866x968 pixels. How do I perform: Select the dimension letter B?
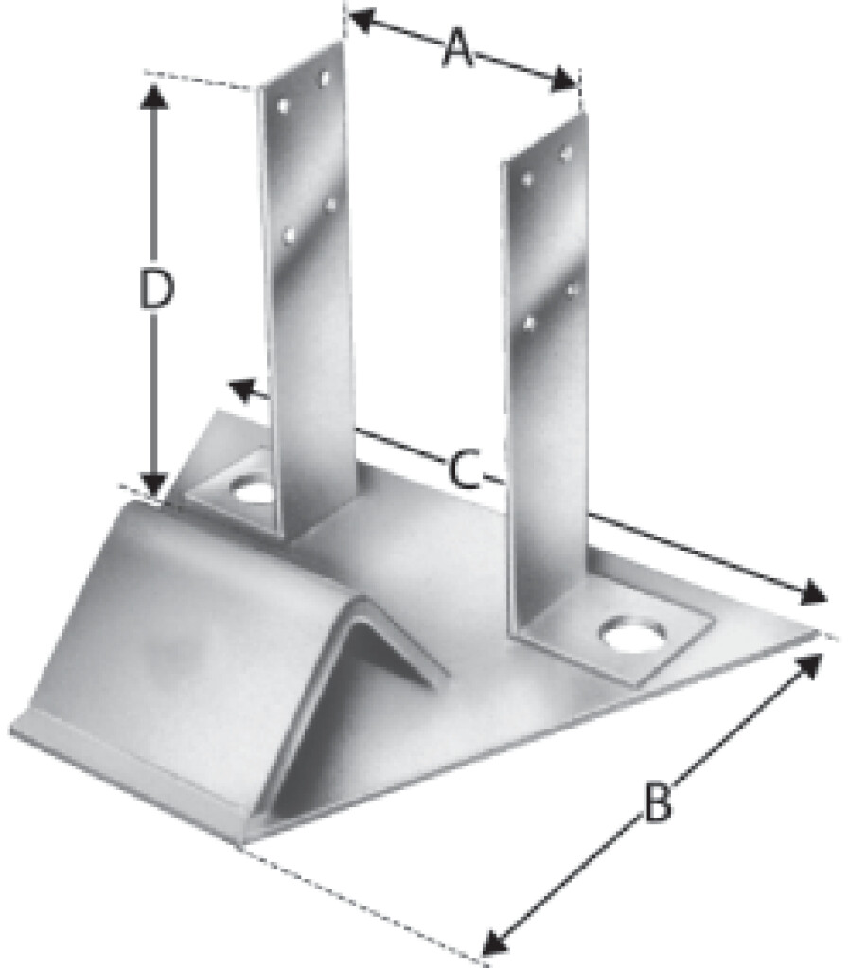tap(655, 803)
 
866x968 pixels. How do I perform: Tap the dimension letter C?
tap(461, 470)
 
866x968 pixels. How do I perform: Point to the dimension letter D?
tap(154, 290)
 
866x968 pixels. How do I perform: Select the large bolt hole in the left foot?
tap(254, 491)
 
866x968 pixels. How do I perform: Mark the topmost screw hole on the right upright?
tap(566, 151)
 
